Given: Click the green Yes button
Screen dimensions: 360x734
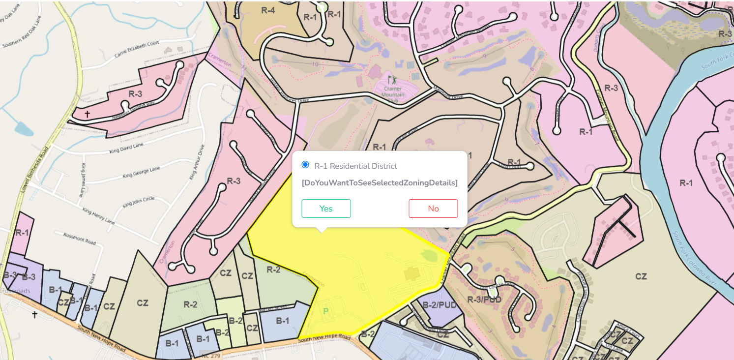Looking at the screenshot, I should point(326,209).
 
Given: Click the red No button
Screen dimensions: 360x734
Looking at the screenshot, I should point(433,209).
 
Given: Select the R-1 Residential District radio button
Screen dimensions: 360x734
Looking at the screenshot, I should point(305,165).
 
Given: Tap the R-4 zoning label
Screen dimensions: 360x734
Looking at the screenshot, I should point(268,10).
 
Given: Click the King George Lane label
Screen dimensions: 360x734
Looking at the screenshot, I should point(141,172).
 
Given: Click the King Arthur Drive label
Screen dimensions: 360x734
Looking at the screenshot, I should point(197,162).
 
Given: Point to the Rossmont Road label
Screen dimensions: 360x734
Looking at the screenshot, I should point(79,239).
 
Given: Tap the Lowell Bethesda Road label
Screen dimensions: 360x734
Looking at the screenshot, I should point(35,162).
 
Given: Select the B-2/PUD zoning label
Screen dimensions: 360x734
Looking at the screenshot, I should point(440,305).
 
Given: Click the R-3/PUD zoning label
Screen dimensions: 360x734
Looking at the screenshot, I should point(484,300).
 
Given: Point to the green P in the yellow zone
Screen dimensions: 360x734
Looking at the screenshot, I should point(325,311).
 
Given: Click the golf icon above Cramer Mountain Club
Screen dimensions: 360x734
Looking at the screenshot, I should point(392,79).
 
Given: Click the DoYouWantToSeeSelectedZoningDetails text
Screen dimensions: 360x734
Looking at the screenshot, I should point(380,183).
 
